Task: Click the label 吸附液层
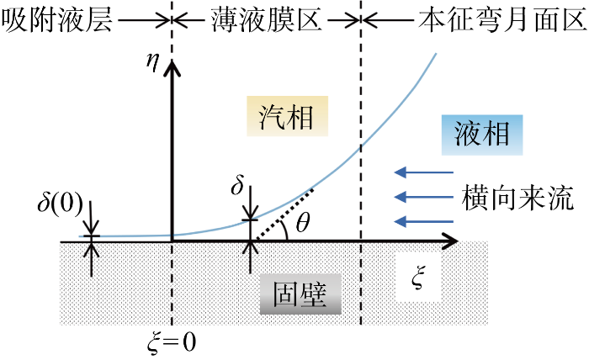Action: tap(57, 20)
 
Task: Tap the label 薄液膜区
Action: tap(266, 20)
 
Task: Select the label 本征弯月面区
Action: tap(502, 20)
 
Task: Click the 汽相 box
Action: tap(288, 116)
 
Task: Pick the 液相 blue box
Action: tap(482, 135)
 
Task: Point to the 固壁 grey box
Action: tap(300, 294)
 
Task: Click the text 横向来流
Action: tap(517, 197)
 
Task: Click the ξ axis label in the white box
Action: tap(418, 278)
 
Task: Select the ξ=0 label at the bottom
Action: tap(172, 342)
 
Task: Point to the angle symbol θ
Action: tap(302, 223)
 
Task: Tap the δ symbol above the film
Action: tap(237, 184)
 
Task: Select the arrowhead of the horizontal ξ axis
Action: tap(449, 241)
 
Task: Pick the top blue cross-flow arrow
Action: tap(424, 172)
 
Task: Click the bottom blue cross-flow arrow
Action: tap(424, 221)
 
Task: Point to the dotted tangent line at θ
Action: tap(284, 215)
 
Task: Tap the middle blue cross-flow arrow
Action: tap(424, 197)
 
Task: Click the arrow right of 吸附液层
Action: tap(145, 20)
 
